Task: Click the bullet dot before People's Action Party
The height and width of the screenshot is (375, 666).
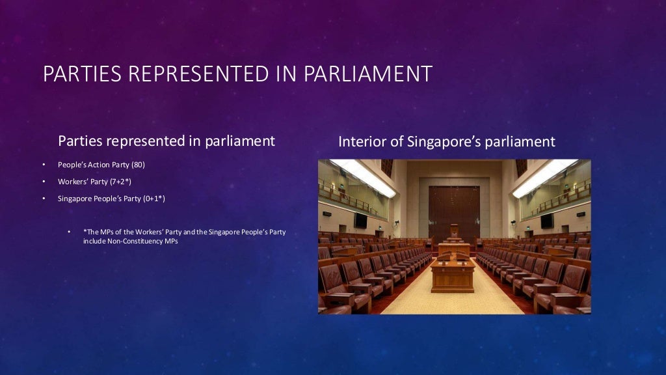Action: click(44, 165)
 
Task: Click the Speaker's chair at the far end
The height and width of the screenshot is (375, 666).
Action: click(454, 231)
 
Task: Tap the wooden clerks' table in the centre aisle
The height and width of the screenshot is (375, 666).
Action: click(453, 273)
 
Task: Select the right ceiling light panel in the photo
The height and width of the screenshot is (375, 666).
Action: click(545, 177)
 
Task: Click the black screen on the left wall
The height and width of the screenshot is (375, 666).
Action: click(360, 220)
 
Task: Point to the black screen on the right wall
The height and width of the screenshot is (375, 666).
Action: click(547, 221)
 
